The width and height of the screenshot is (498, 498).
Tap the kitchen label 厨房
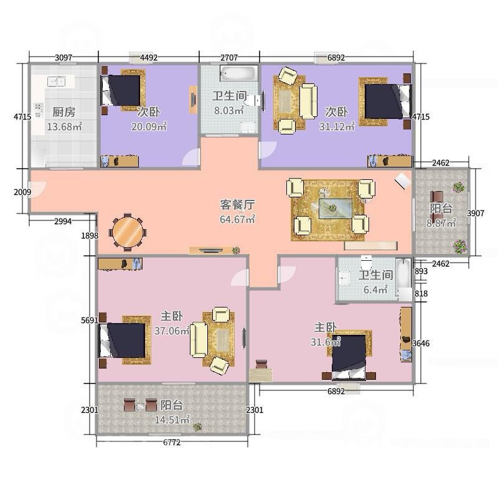64,112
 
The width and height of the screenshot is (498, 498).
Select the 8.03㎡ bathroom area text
228,111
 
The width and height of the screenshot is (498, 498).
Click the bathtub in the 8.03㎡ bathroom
239,73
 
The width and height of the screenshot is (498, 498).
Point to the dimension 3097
63,57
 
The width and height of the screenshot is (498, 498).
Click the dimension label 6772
172,442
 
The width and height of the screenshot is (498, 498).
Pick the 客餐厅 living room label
237,205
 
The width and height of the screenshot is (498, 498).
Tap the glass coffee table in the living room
336,209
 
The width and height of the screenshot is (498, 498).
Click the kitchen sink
56,82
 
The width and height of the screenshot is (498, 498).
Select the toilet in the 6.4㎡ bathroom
367,262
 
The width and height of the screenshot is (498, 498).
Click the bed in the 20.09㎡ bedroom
121,90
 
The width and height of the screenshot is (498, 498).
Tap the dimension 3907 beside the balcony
476,213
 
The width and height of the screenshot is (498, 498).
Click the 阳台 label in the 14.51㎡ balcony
172,405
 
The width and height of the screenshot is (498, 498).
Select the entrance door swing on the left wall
37,189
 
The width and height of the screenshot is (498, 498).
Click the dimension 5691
90,320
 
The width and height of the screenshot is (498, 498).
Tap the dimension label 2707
229,57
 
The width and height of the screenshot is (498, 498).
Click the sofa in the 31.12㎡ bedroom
308,101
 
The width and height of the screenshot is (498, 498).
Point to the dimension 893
421,271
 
